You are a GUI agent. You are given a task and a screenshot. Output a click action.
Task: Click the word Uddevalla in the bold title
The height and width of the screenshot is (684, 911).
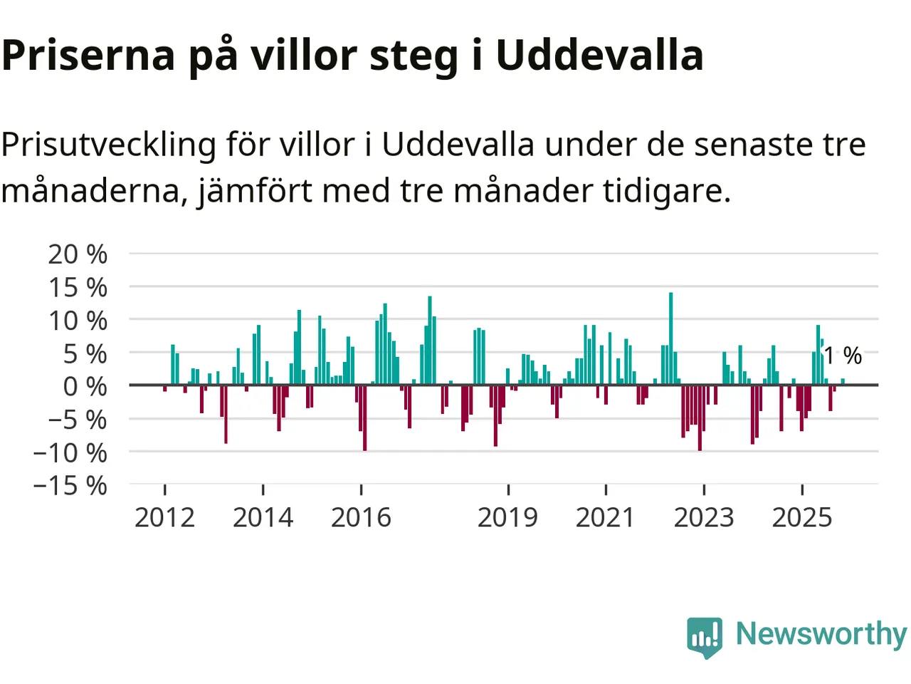(599, 55)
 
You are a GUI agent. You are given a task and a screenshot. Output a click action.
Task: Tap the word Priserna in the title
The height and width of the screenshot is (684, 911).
(88, 55)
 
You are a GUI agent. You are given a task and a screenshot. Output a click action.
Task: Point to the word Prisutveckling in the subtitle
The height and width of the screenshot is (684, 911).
(108, 145)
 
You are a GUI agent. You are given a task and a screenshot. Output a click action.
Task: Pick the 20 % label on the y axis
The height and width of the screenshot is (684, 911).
(78, 254)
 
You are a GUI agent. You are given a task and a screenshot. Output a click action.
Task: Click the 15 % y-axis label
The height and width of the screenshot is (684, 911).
(78, 288)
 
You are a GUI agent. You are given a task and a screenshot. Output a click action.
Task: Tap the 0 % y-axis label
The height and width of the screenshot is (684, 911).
(85, 386)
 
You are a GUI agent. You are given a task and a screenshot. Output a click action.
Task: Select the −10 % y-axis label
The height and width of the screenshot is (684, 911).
(70, 452)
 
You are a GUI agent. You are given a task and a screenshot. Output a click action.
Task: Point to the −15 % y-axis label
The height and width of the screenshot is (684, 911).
(70, 486)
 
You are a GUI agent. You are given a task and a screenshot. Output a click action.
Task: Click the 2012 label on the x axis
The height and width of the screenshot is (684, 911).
(164, 518)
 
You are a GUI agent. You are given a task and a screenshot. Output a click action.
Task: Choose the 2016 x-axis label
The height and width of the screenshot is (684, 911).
(361, 518)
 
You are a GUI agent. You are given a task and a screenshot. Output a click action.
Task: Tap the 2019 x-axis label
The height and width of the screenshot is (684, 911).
(507, 518)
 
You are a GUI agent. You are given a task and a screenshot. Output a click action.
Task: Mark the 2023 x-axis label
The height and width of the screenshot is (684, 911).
(703, 518)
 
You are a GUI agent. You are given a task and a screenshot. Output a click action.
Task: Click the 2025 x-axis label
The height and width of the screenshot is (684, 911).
(801, 518)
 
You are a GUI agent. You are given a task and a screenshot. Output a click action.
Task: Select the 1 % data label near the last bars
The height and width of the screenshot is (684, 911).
(843, 355)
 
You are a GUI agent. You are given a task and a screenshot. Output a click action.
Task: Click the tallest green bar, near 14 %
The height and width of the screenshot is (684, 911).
(670, 338)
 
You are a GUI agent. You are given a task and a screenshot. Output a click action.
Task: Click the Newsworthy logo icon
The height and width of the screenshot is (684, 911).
(705, 636)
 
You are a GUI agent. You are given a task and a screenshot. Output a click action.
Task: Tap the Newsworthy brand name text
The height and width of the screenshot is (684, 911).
(821, 633)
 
